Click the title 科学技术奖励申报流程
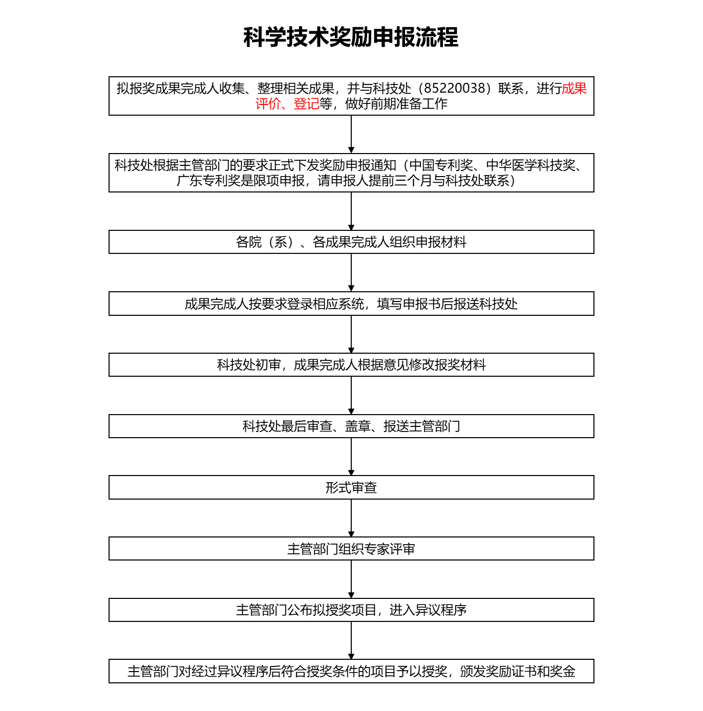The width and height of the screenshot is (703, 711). click(351, 37)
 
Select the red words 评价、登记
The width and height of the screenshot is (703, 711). click(287, 104)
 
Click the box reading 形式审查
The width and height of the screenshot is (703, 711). click(351, 487)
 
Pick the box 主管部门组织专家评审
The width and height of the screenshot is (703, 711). click(351, 549)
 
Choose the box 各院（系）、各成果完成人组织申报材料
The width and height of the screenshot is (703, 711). click(351, 242)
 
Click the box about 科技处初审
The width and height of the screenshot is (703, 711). click(351, 365)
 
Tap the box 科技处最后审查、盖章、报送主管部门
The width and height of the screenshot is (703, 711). click(351, 426)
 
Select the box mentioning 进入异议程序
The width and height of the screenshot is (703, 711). click(351, 610)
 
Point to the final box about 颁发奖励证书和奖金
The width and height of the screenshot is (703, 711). click(351, 671)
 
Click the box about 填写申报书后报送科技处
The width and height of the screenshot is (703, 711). click(351, 304)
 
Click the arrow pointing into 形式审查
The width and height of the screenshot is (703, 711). click(351, 457)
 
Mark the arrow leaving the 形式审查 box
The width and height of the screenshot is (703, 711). click(351, 518)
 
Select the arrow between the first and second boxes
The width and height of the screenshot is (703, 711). click(351, 134)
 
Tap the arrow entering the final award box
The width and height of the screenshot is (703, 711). click(351, 640)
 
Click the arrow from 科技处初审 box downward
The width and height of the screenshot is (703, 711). click(351, 396)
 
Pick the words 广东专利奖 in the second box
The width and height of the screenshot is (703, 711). click(208, 181)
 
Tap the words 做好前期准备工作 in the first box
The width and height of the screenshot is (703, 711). click(396, 104)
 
